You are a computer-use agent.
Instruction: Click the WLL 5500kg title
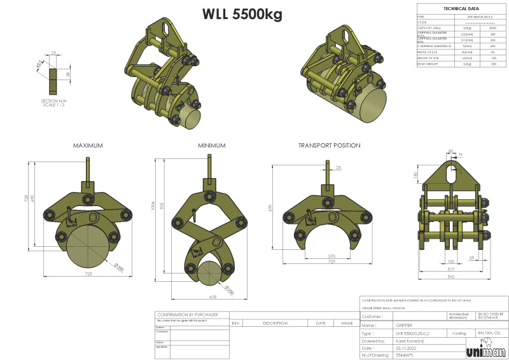point(242,14)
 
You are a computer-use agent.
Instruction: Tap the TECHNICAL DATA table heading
point(457,9)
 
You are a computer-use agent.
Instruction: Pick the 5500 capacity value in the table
point(492,28)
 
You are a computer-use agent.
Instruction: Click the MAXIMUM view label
point(88,146)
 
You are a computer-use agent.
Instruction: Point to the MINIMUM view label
point(211,146)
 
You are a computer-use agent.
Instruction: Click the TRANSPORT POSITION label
point(329,146)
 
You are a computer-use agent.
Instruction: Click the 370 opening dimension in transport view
point(331,255)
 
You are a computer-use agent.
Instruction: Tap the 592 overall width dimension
point(450,277)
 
